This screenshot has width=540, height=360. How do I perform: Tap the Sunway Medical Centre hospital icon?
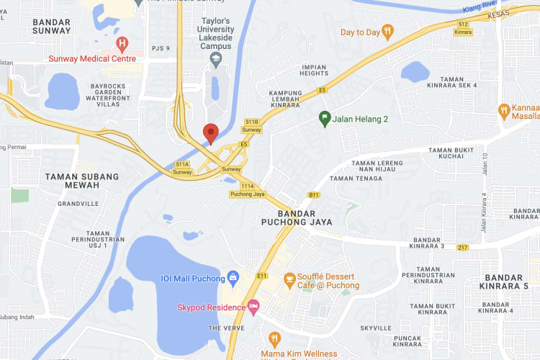coord(122,44)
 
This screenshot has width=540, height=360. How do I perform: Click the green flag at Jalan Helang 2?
coord(325,119)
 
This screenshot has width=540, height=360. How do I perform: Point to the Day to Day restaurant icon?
coord(388,32)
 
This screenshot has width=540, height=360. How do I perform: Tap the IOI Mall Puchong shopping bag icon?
coord(233,277)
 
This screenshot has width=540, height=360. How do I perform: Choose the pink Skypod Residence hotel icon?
coord(253,307)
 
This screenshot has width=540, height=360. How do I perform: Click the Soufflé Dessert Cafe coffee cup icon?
coord(289,277)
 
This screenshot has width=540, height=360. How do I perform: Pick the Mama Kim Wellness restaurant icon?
coord(274,338)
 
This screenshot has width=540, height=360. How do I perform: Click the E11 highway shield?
coord(261,275)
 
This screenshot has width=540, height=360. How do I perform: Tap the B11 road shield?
coord(313,194)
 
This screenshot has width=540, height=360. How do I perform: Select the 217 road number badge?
coord(462,247)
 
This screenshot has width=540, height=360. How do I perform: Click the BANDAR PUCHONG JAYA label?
coord(296,217)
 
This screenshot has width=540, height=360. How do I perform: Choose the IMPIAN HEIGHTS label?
coord(314,70)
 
